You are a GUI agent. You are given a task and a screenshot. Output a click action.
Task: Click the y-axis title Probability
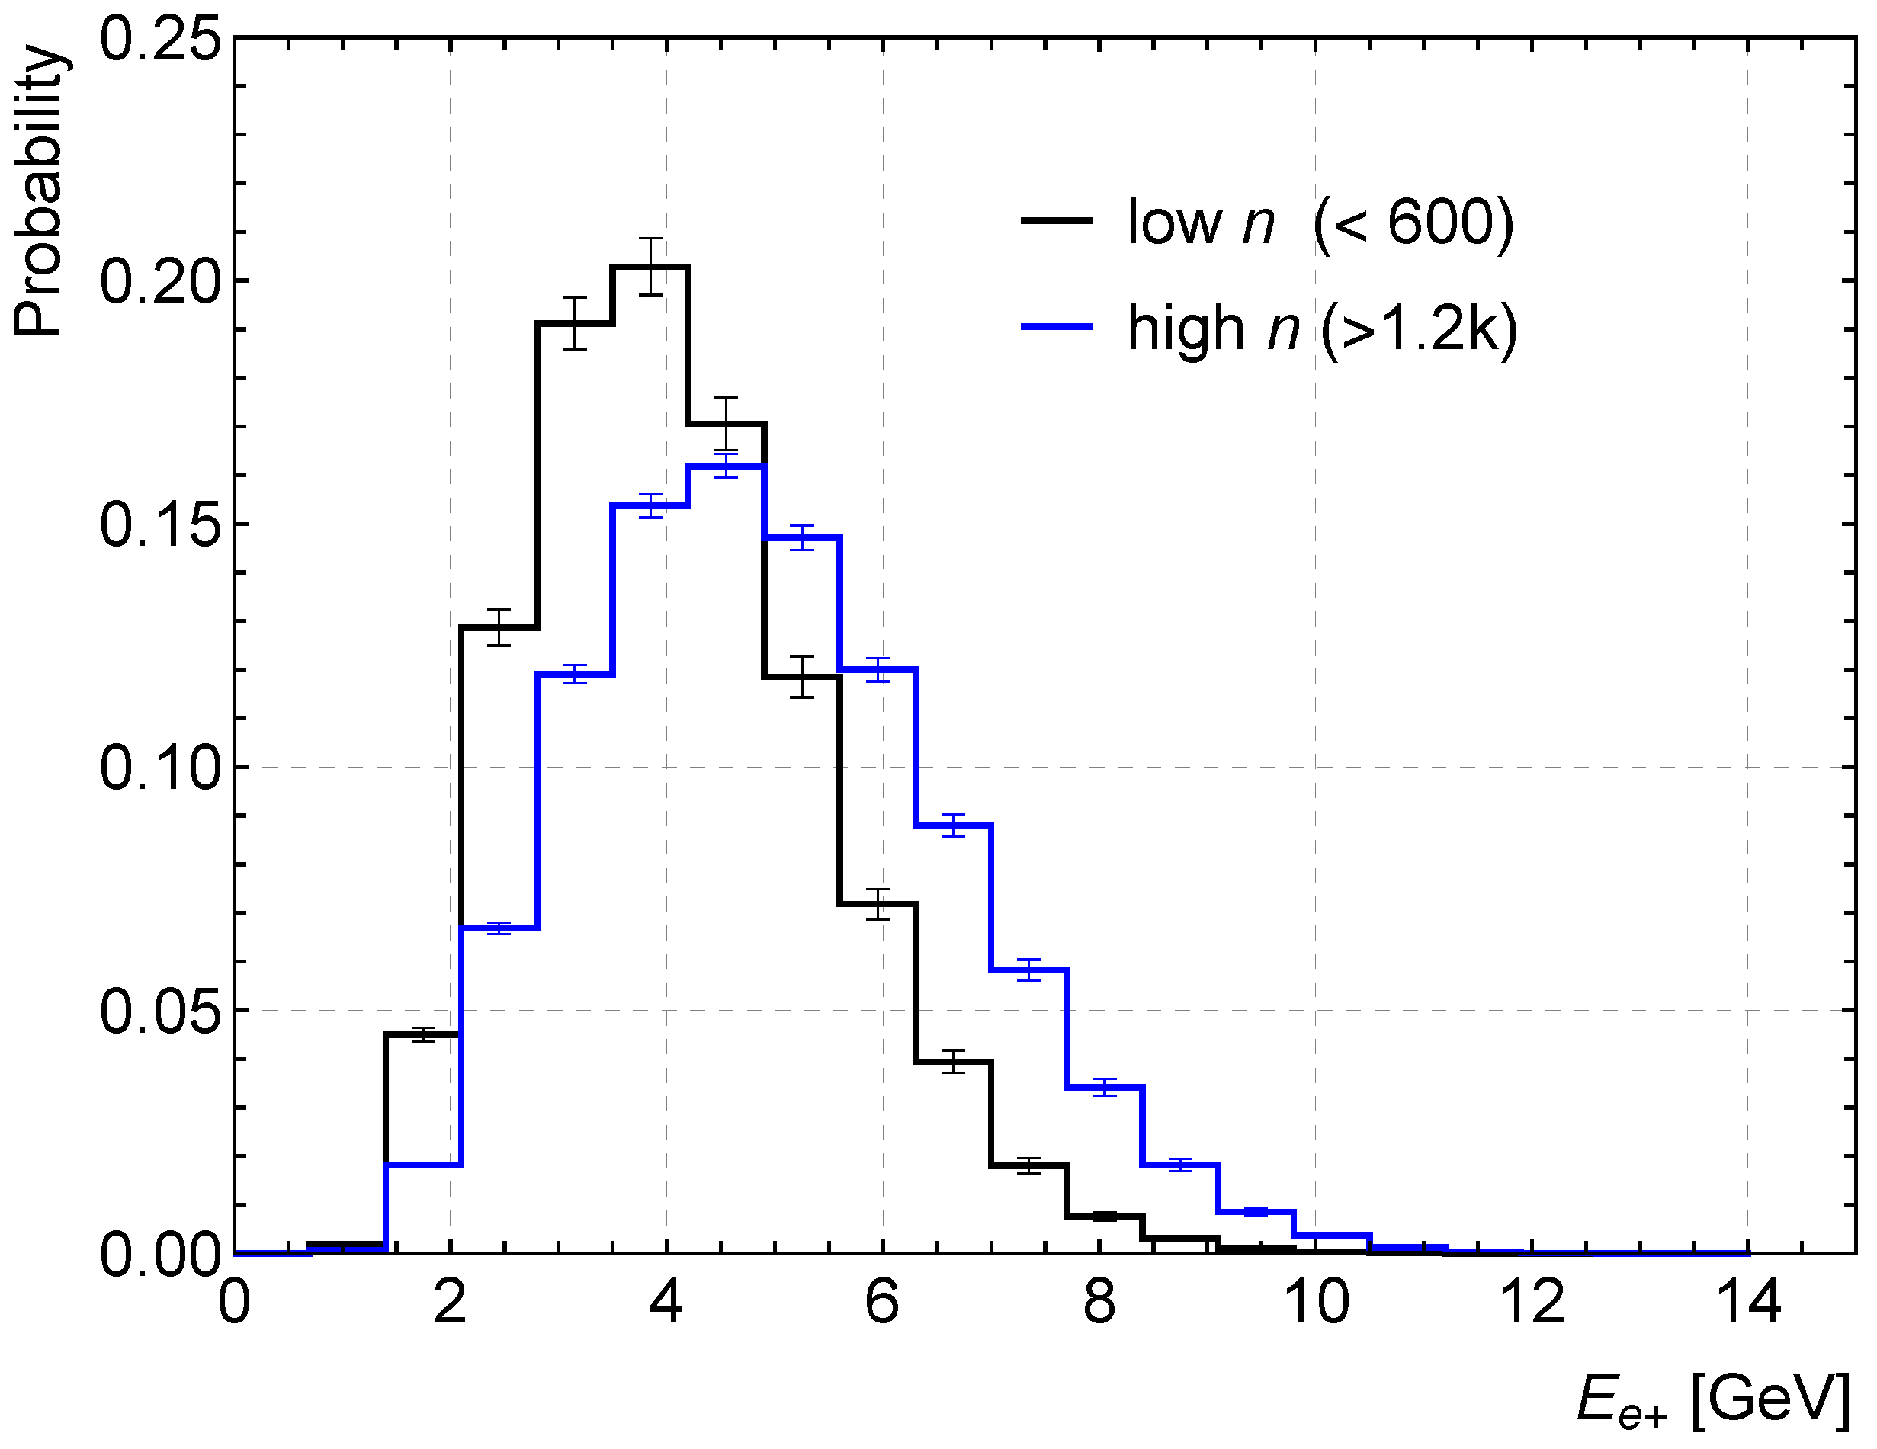(39, 191)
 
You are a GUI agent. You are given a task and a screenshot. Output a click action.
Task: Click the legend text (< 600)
(1413, 223)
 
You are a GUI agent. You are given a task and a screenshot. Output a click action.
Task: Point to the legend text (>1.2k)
(1419, 329)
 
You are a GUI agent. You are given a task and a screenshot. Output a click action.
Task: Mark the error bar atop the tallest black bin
(650, 267)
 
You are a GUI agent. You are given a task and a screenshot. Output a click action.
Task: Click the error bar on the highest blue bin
(727, 465)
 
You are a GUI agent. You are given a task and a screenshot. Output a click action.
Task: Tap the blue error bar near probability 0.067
(499, 928)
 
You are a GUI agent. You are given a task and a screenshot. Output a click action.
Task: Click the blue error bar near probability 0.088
(953, 825)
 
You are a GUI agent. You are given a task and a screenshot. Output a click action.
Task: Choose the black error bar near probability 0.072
(878, 903)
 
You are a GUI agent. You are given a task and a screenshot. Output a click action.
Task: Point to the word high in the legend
(1186, 329)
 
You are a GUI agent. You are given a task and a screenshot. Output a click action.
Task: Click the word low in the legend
(1174, 223)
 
